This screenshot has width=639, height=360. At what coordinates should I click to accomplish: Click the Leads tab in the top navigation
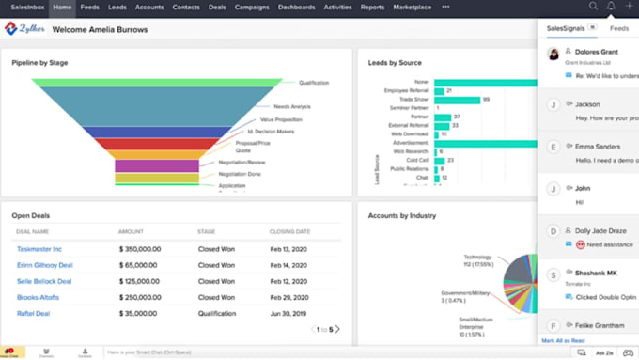coord(117,7)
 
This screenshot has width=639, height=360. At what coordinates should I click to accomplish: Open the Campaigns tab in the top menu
coord(251,7)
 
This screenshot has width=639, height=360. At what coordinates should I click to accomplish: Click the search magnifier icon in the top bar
coord(593,7)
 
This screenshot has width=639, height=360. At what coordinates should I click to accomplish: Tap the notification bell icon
coord(612,7)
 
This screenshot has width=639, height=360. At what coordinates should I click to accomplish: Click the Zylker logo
coord(25,28)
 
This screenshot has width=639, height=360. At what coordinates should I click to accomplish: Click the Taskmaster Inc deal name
coord(39,249)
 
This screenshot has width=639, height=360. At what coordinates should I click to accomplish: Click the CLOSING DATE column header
coord(291,230)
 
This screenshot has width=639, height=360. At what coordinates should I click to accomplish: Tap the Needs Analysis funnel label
coord(292,106)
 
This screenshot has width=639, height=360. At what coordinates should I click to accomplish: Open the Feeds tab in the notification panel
coord(619,29)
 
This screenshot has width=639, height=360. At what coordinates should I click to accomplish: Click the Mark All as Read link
coord(563,339)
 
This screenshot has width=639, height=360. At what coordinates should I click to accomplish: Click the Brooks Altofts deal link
coord(39,297)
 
